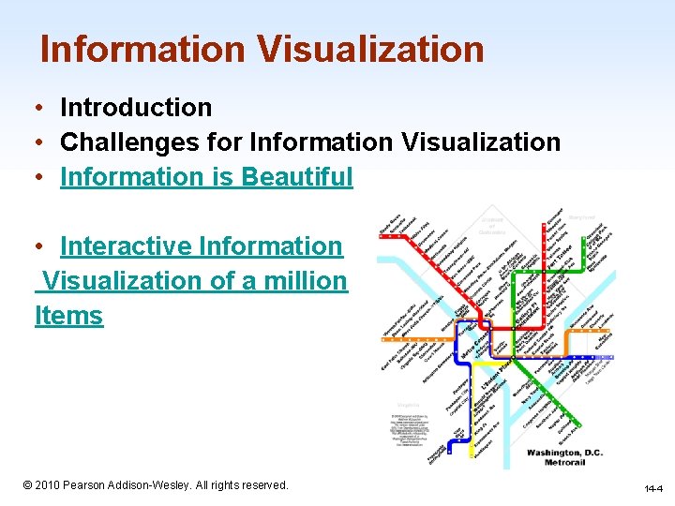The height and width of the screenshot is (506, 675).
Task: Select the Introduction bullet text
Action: (x=136, y=108)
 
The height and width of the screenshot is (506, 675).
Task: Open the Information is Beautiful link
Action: (x=206, y=177)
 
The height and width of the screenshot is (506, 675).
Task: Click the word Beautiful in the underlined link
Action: (x=297, y=177)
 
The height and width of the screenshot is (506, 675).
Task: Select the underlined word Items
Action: (x=68, y=316)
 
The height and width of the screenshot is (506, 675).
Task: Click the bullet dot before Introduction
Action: (x=43, y=108)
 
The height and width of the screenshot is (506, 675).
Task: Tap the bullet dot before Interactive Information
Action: (x=43, y=246)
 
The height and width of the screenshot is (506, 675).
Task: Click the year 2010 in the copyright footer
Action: (x=46, y=485)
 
